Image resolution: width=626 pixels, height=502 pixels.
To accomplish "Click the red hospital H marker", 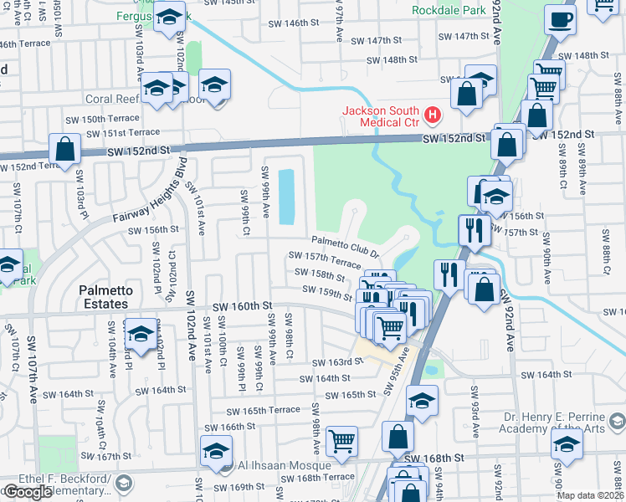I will tap(433, 114).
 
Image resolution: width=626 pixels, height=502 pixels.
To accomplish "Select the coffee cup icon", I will tap(560, 18).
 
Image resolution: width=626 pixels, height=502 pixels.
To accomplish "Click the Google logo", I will tap(28, 491).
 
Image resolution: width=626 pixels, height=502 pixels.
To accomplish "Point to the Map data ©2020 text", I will tap(590, 495).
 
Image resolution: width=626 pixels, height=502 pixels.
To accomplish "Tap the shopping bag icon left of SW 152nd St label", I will tap(64, 150).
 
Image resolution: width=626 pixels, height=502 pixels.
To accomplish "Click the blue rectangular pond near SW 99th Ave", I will tap(285, 197).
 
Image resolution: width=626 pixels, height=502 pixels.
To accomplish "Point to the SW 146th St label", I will tap(305, 23).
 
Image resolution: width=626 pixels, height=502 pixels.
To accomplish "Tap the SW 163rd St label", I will tap(337, 363).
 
